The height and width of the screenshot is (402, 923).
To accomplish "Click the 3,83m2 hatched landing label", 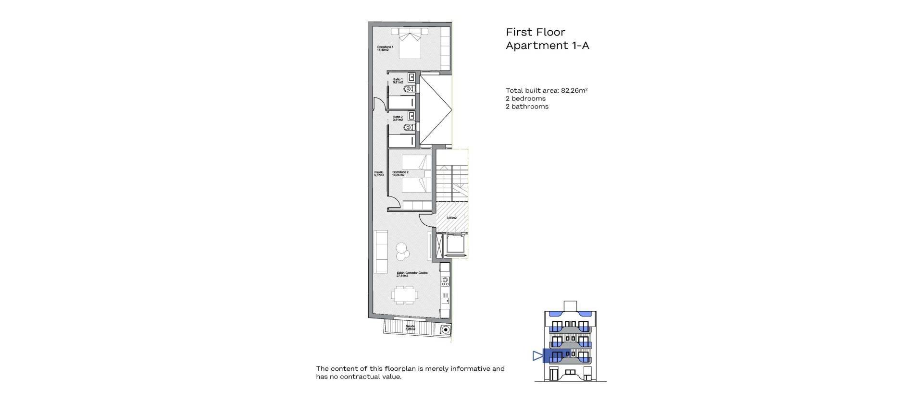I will click(451, 218).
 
